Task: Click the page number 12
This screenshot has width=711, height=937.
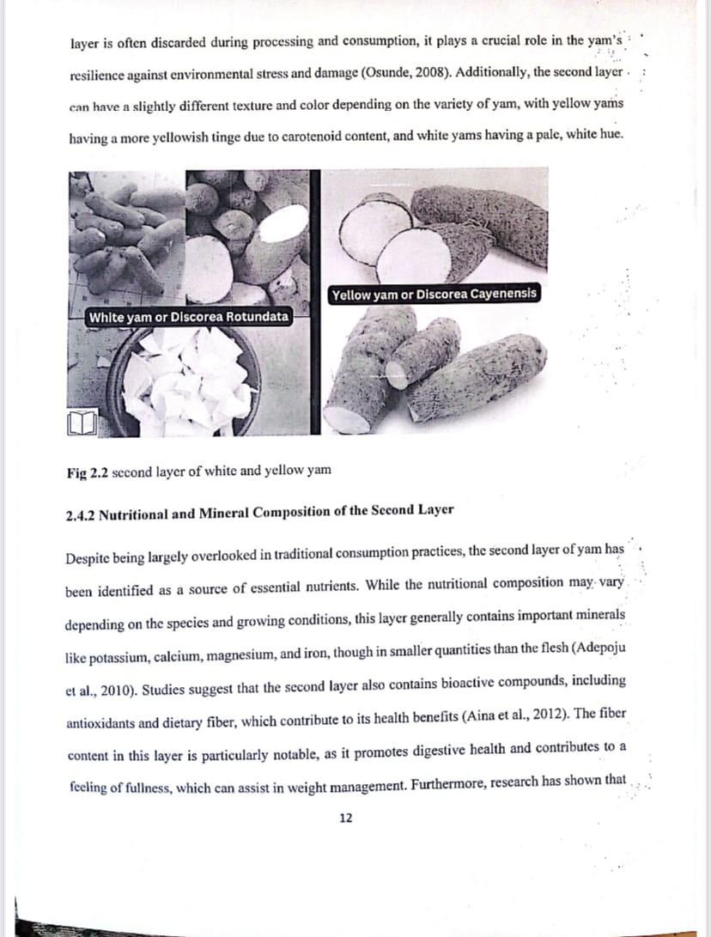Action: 345,818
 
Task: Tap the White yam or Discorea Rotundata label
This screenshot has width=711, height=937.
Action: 188,317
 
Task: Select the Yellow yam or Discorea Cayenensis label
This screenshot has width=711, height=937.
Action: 434,294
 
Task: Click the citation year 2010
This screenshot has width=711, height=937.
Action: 120,687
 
